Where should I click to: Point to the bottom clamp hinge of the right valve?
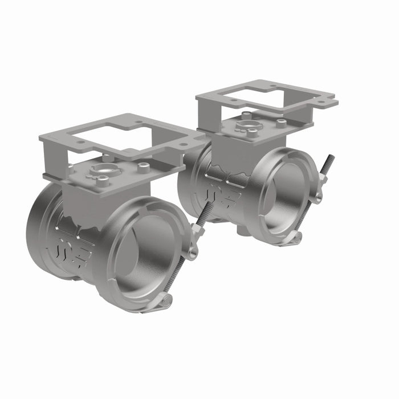(x=295, y=238)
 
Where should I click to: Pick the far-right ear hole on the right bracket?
(x=329, y=103)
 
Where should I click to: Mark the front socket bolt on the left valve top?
(x=103, y=182)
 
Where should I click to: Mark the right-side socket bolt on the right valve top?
(x=281, y=121)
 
